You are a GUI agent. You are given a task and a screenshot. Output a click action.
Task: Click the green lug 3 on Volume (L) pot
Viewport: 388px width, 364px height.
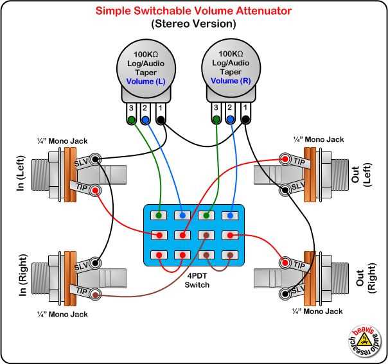(x=132, y=119)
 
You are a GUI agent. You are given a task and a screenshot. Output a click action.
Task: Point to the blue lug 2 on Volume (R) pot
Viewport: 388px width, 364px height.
(x=231, y=119)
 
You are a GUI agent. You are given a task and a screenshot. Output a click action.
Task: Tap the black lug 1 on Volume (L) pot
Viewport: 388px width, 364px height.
(x=160, y=119)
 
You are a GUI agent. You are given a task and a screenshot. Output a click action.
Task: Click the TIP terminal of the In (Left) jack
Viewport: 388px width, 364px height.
(x=96, y=191)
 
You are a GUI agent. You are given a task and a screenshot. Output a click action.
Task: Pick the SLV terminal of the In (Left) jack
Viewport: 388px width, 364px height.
(x=96, y=159)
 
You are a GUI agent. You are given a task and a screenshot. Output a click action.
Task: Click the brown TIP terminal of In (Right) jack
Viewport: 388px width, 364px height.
(x=96, y=295)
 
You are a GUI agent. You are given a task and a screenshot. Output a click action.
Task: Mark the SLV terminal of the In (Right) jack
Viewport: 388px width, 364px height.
(x=96, y=263)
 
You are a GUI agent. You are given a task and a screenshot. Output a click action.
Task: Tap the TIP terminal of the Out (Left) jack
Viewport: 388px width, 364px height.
(x=283, y=158)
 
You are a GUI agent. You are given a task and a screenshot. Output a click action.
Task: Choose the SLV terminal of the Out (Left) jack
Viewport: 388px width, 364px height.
(x=283, y=189)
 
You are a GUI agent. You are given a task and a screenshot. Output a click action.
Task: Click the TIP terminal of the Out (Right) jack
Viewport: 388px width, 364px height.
(x=283, y=262)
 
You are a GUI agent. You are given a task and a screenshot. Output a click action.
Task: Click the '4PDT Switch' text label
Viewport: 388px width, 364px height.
(x=194, y=280)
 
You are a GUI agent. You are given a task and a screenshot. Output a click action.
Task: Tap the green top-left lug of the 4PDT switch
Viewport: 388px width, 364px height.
(x=158, y=215)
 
